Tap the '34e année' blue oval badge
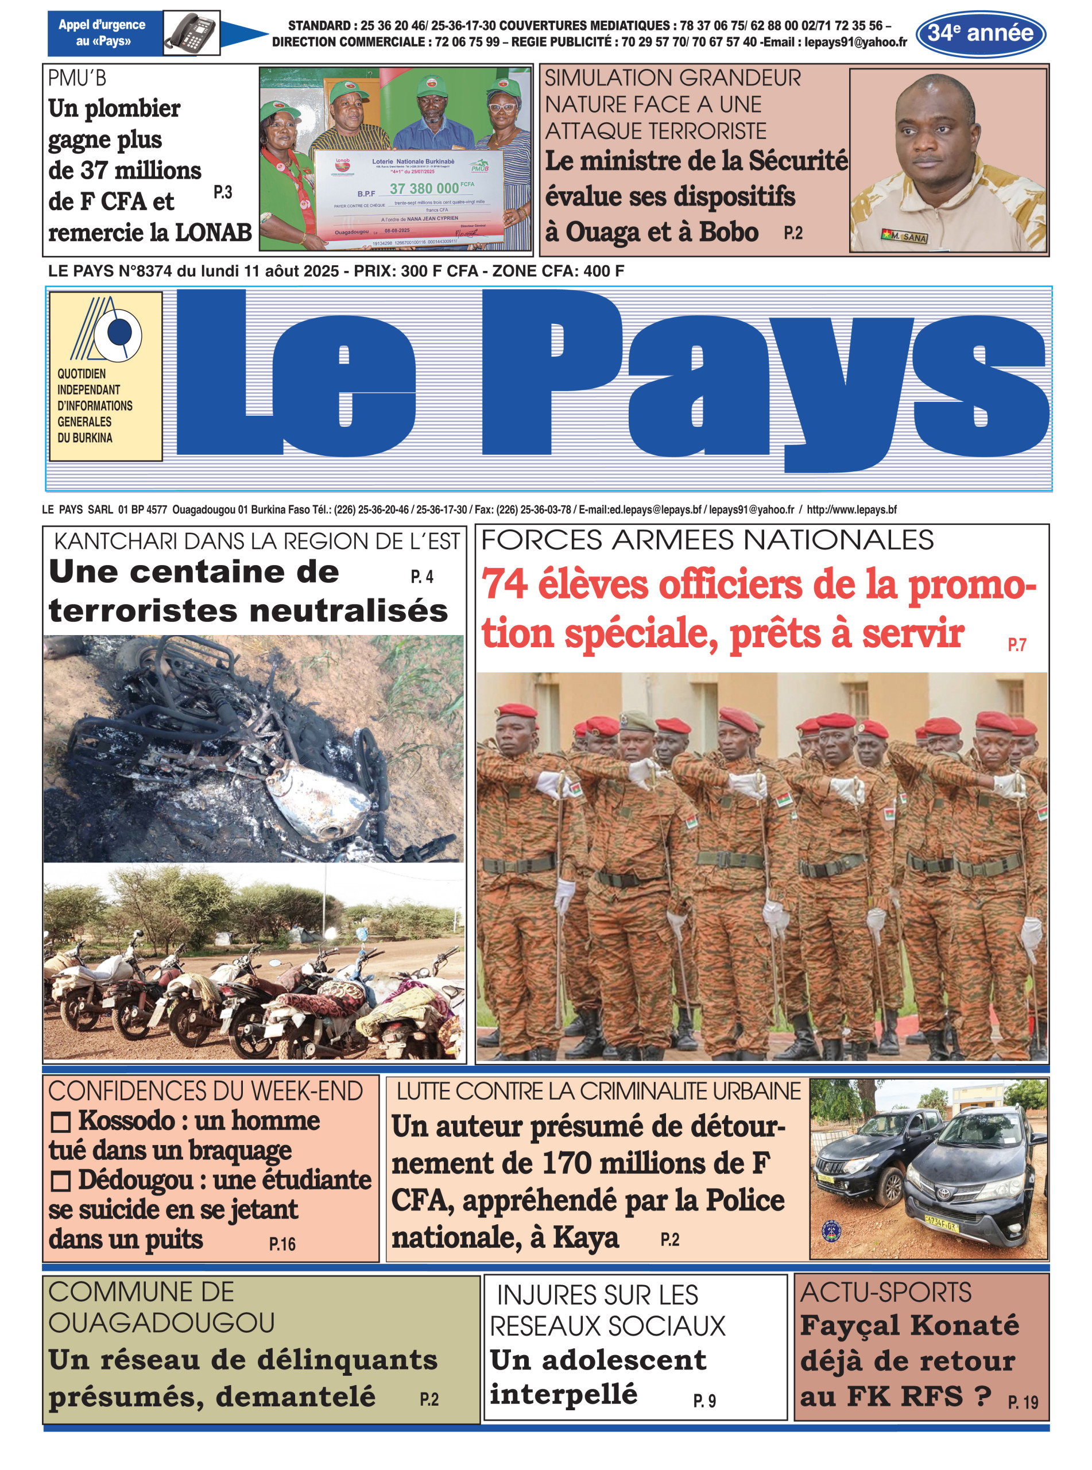pyautogui.click(x=980, y=33)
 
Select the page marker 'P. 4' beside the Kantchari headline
pyautogui.click(x=422, y=577)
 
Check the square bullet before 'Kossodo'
pyautogui.click(x=61, y=1121)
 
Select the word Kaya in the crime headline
pyautogui.click(x=585, y=1237)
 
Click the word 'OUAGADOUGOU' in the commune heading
pyautogui.click(x=161, y=1322)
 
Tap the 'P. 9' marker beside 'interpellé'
pyautogui.click(x=704, y=1401)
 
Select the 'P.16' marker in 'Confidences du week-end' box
pyautogui.click(x=282, y=1244)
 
